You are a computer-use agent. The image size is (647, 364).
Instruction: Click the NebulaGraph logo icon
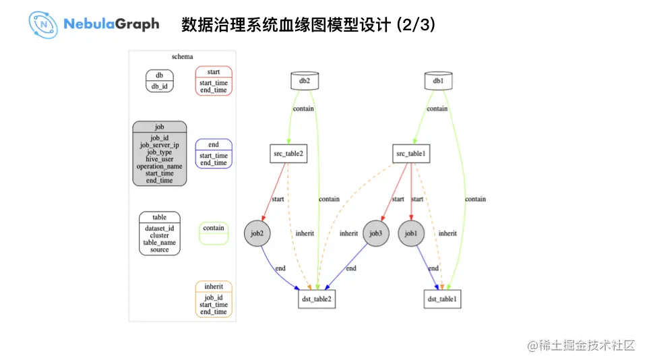[x=43, y=24]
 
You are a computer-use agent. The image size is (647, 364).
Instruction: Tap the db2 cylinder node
[x=305, y=81]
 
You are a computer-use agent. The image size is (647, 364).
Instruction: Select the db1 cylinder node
[x=438, y=81]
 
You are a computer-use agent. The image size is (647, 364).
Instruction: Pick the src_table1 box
[x=411, y=154]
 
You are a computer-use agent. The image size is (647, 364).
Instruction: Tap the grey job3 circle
[x=376, y=234]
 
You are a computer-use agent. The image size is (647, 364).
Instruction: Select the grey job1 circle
[x=411, y=234]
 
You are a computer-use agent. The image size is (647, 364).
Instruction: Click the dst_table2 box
[x=316, y=299]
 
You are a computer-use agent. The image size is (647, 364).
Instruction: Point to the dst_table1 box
[x=442, y=299]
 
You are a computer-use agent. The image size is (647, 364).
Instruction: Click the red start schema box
[x=214, y=81]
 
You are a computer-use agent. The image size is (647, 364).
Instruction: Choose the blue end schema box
[x=214, y=154]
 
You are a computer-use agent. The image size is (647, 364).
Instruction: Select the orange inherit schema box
[x=214, y=299]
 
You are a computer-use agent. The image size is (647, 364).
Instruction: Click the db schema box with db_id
[x=160, y=81]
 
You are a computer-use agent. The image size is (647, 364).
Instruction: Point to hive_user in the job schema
[x=160, y=159]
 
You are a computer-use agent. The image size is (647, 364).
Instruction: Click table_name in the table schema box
[x=160, y=243]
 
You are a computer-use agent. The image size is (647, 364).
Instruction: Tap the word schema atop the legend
[x=182, y=57]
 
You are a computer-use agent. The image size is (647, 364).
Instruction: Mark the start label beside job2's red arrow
[x=278, y=200]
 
